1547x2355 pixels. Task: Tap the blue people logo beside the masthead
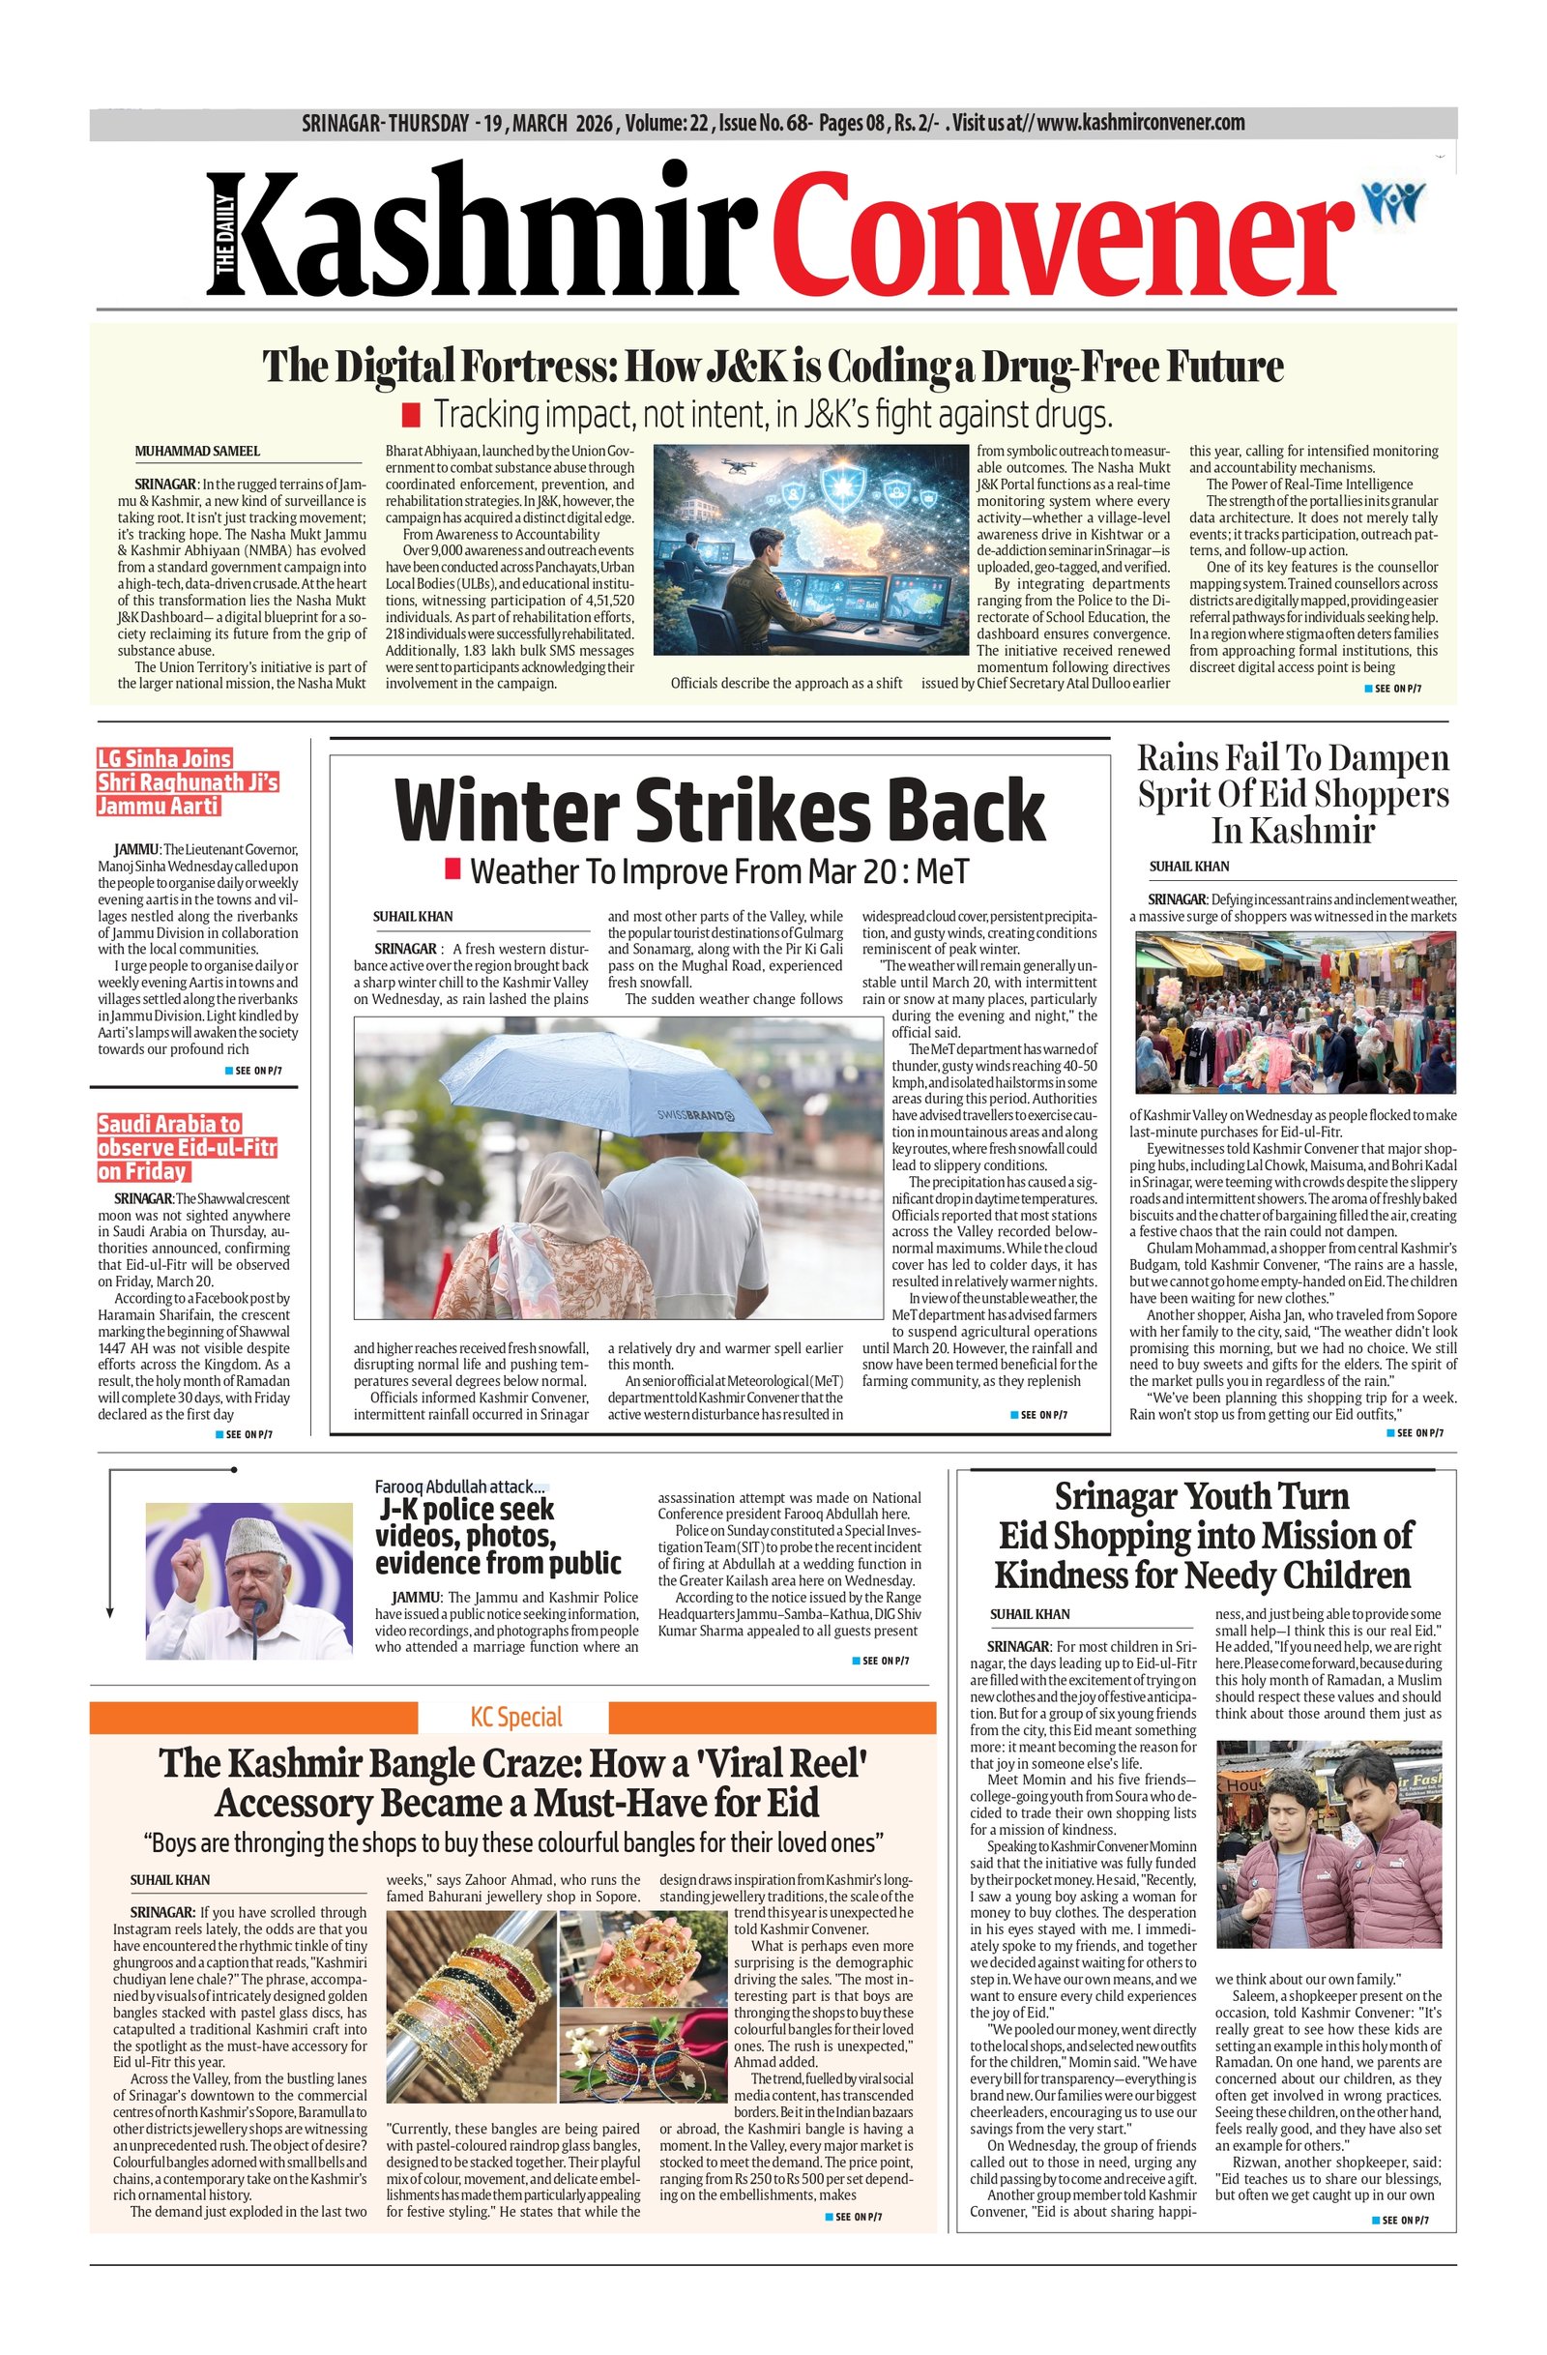point(1392,202)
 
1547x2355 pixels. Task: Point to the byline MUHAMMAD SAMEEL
point(198,452)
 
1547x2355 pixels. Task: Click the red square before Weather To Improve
point(453,869)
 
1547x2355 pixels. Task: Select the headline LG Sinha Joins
point(164,759)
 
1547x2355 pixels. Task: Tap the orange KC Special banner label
point(515,1717)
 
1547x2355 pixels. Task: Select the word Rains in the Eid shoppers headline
point(1177,758)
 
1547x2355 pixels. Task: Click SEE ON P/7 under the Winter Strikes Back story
point(1037,1415)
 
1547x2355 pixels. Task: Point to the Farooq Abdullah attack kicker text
point(459,1487)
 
